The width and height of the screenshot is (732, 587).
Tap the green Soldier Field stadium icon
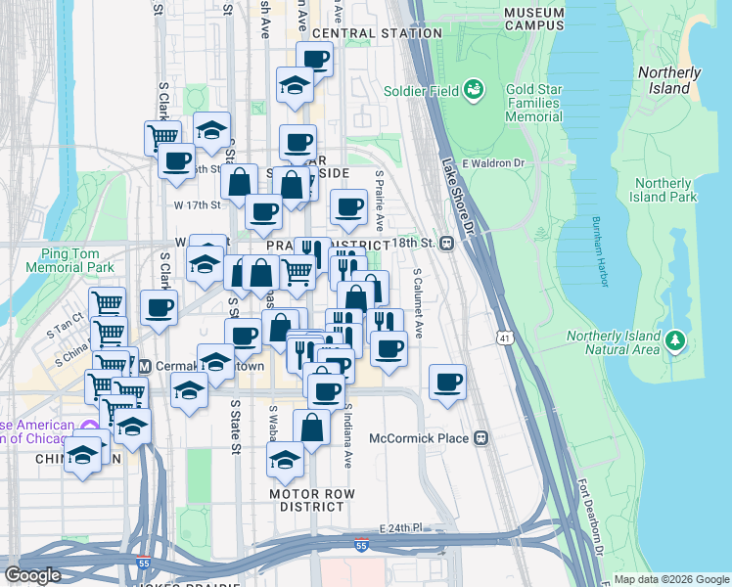[x=476, y=91]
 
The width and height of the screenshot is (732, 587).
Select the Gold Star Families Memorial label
[x=533, y=102]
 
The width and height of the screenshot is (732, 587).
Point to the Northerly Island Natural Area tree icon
[x=674, y=340]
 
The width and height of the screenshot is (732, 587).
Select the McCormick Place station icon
[x=480, y=438]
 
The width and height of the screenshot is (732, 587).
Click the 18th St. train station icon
[x=446, y=243]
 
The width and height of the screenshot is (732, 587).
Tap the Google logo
[x=33, y=574]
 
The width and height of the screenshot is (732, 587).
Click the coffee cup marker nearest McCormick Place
[x=448, y=384]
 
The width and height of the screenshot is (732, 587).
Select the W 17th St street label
[x=199, y=205]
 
